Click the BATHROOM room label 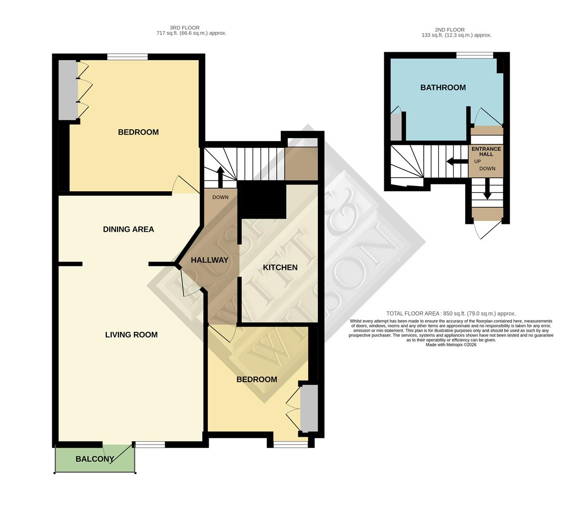pos(443,88)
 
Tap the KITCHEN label pos(280,267)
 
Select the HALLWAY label pos(209,260)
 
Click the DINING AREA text pos(128,229)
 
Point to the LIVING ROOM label pos(131,335)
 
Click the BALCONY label pos(95,459)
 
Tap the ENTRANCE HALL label pos(486,151)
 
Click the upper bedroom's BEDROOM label pos(138,132)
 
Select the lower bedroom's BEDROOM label pos(256,380)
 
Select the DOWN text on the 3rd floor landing pos(220,198)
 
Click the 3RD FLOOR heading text pos(184,28)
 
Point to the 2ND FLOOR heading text pos(450,30)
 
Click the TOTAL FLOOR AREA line pos(451,314)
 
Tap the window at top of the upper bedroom pos(127,57)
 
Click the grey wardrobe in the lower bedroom pos(309,408)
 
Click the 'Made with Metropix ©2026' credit pos(451,345)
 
